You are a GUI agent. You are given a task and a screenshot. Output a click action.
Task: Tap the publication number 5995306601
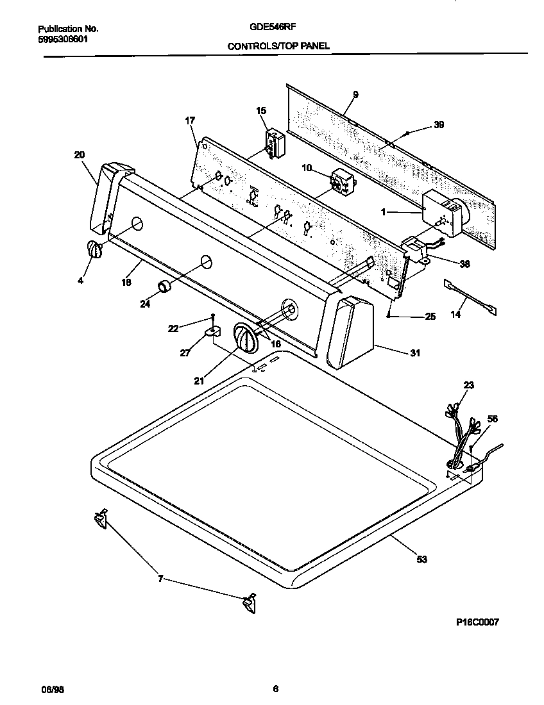(x=64, y=38)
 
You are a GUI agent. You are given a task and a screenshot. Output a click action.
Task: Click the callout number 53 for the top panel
(x=421, y=560)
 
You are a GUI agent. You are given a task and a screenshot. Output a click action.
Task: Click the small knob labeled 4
(x=94, y=250)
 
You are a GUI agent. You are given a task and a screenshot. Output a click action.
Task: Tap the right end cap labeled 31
(x=350, y=333)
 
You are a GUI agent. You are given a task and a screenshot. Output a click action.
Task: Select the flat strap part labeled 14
(x=470, y=297)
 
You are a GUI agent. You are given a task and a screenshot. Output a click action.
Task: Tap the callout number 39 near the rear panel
(x=439, y=125)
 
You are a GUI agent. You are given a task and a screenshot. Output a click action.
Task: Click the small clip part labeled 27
(x=212, y=332)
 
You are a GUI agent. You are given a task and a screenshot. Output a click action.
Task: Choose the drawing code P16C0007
(x=477, y=622)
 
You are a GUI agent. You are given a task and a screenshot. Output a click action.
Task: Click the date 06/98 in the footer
(x=52, y=690)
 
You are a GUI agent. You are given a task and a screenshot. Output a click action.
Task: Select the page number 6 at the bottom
(x=275, y=690)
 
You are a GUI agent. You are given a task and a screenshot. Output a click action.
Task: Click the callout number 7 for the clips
(x=160, y=579)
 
